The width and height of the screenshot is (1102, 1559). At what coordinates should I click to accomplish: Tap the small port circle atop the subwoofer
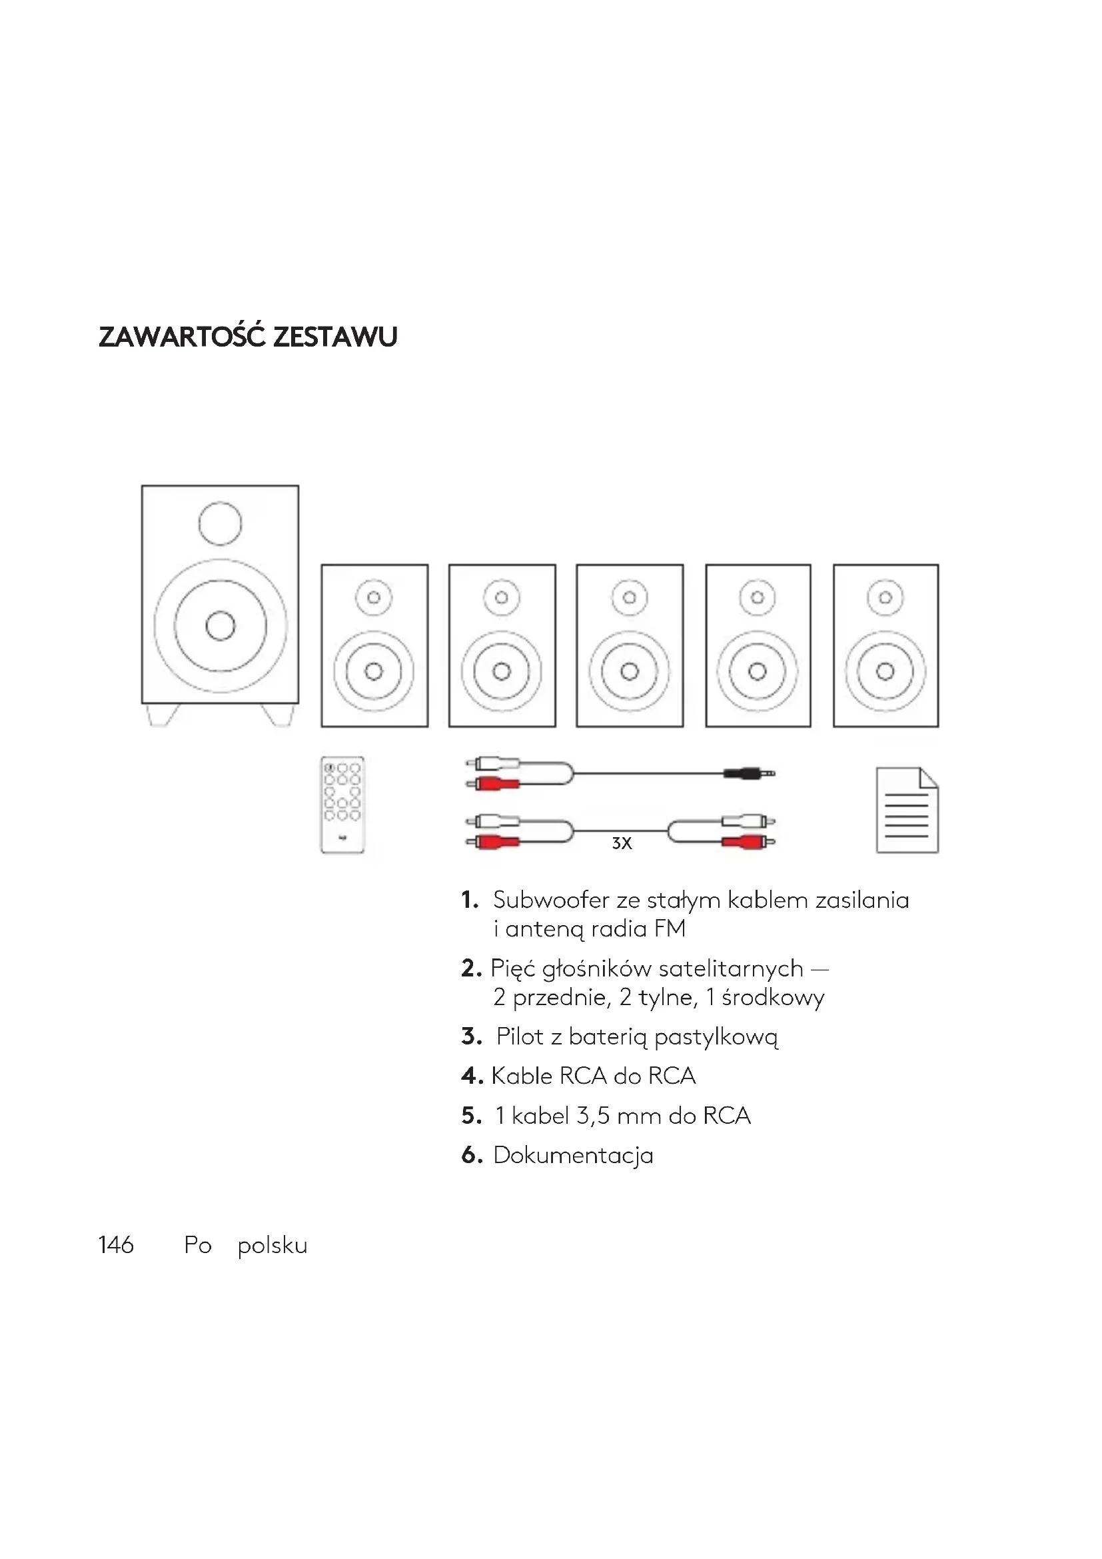[220, 523]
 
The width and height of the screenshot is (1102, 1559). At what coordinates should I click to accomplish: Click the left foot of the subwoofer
[163, 715]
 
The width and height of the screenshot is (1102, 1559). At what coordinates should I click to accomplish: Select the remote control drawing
[342, 804]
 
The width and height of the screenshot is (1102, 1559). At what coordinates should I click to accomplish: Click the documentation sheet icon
[907, 810]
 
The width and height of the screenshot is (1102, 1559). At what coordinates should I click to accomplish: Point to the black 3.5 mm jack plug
[748, 773]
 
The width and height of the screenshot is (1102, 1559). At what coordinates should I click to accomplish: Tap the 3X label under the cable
[622, 843]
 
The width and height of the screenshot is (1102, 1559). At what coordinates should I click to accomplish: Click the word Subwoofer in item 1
[551, 900]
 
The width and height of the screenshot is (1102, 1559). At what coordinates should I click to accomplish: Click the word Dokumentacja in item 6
[573, 1155]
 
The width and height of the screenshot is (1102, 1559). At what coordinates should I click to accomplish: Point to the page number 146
[116, 1245]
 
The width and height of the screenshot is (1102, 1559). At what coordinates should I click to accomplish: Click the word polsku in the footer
[272, 1246]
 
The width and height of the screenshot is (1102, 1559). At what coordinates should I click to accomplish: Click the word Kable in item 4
[521, 1076]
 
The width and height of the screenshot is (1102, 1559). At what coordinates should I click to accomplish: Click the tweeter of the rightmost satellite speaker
[885, 598]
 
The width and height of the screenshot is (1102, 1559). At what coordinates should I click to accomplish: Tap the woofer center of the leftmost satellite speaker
[373, 672]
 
